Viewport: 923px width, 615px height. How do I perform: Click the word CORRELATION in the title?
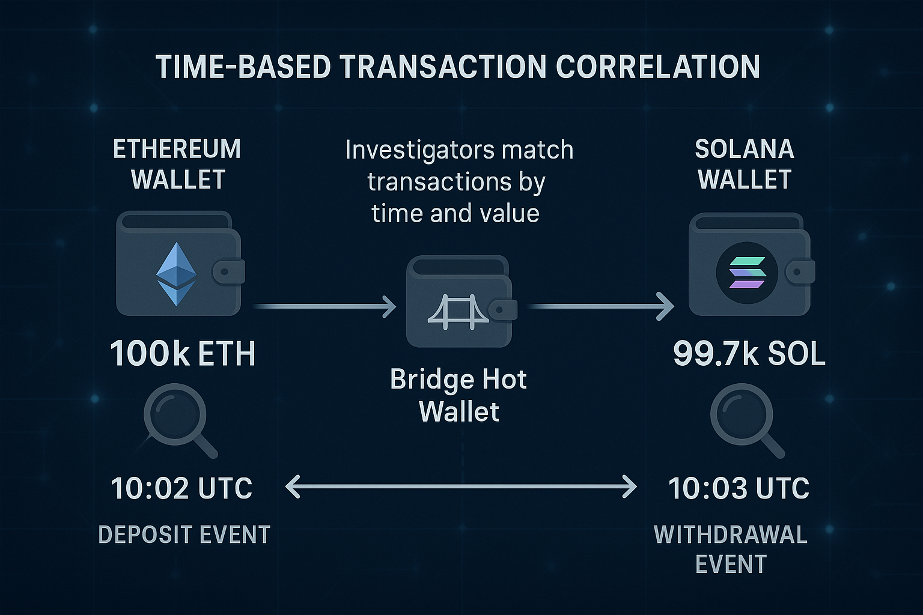click(x=657, y=66)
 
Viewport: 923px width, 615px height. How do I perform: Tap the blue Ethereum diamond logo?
click(x=176, y=274)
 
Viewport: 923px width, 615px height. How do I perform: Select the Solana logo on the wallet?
click(x=747, y=273)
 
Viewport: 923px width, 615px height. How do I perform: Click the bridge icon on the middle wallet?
click(x=458, y=312)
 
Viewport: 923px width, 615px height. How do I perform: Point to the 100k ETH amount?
click(x=183, y=353)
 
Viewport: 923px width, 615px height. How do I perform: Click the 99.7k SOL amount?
click(x=749, y=353)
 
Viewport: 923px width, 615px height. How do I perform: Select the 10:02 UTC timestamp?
click(x=181, y=488)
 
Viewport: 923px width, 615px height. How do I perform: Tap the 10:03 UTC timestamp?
click(x=739, y=488)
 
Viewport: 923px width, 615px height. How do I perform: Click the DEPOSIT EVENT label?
click(x=184, y=535)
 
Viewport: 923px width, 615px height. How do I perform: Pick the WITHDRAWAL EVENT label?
click(x=731, y=549)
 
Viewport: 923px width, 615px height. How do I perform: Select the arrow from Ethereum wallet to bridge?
click(x=324, y=306)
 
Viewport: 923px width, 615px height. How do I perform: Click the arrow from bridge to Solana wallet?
click(x=600, y=306)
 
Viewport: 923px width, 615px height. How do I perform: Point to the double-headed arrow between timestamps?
click(x=461, y=487)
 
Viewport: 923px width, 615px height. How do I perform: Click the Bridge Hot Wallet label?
click(x=458, y=395)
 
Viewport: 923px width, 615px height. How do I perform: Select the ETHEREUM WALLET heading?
click(x=177, y=164)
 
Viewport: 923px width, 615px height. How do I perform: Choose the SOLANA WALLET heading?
click(x=745, y=164)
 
